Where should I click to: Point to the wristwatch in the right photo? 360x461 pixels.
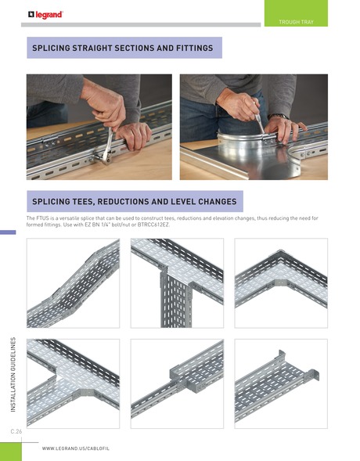(279, 117)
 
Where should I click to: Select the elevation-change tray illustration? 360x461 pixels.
(73, 285)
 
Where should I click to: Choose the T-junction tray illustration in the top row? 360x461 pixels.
(177, 285)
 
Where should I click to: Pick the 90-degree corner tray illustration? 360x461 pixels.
(281, 285)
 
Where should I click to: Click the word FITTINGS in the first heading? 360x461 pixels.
(188, 49)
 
